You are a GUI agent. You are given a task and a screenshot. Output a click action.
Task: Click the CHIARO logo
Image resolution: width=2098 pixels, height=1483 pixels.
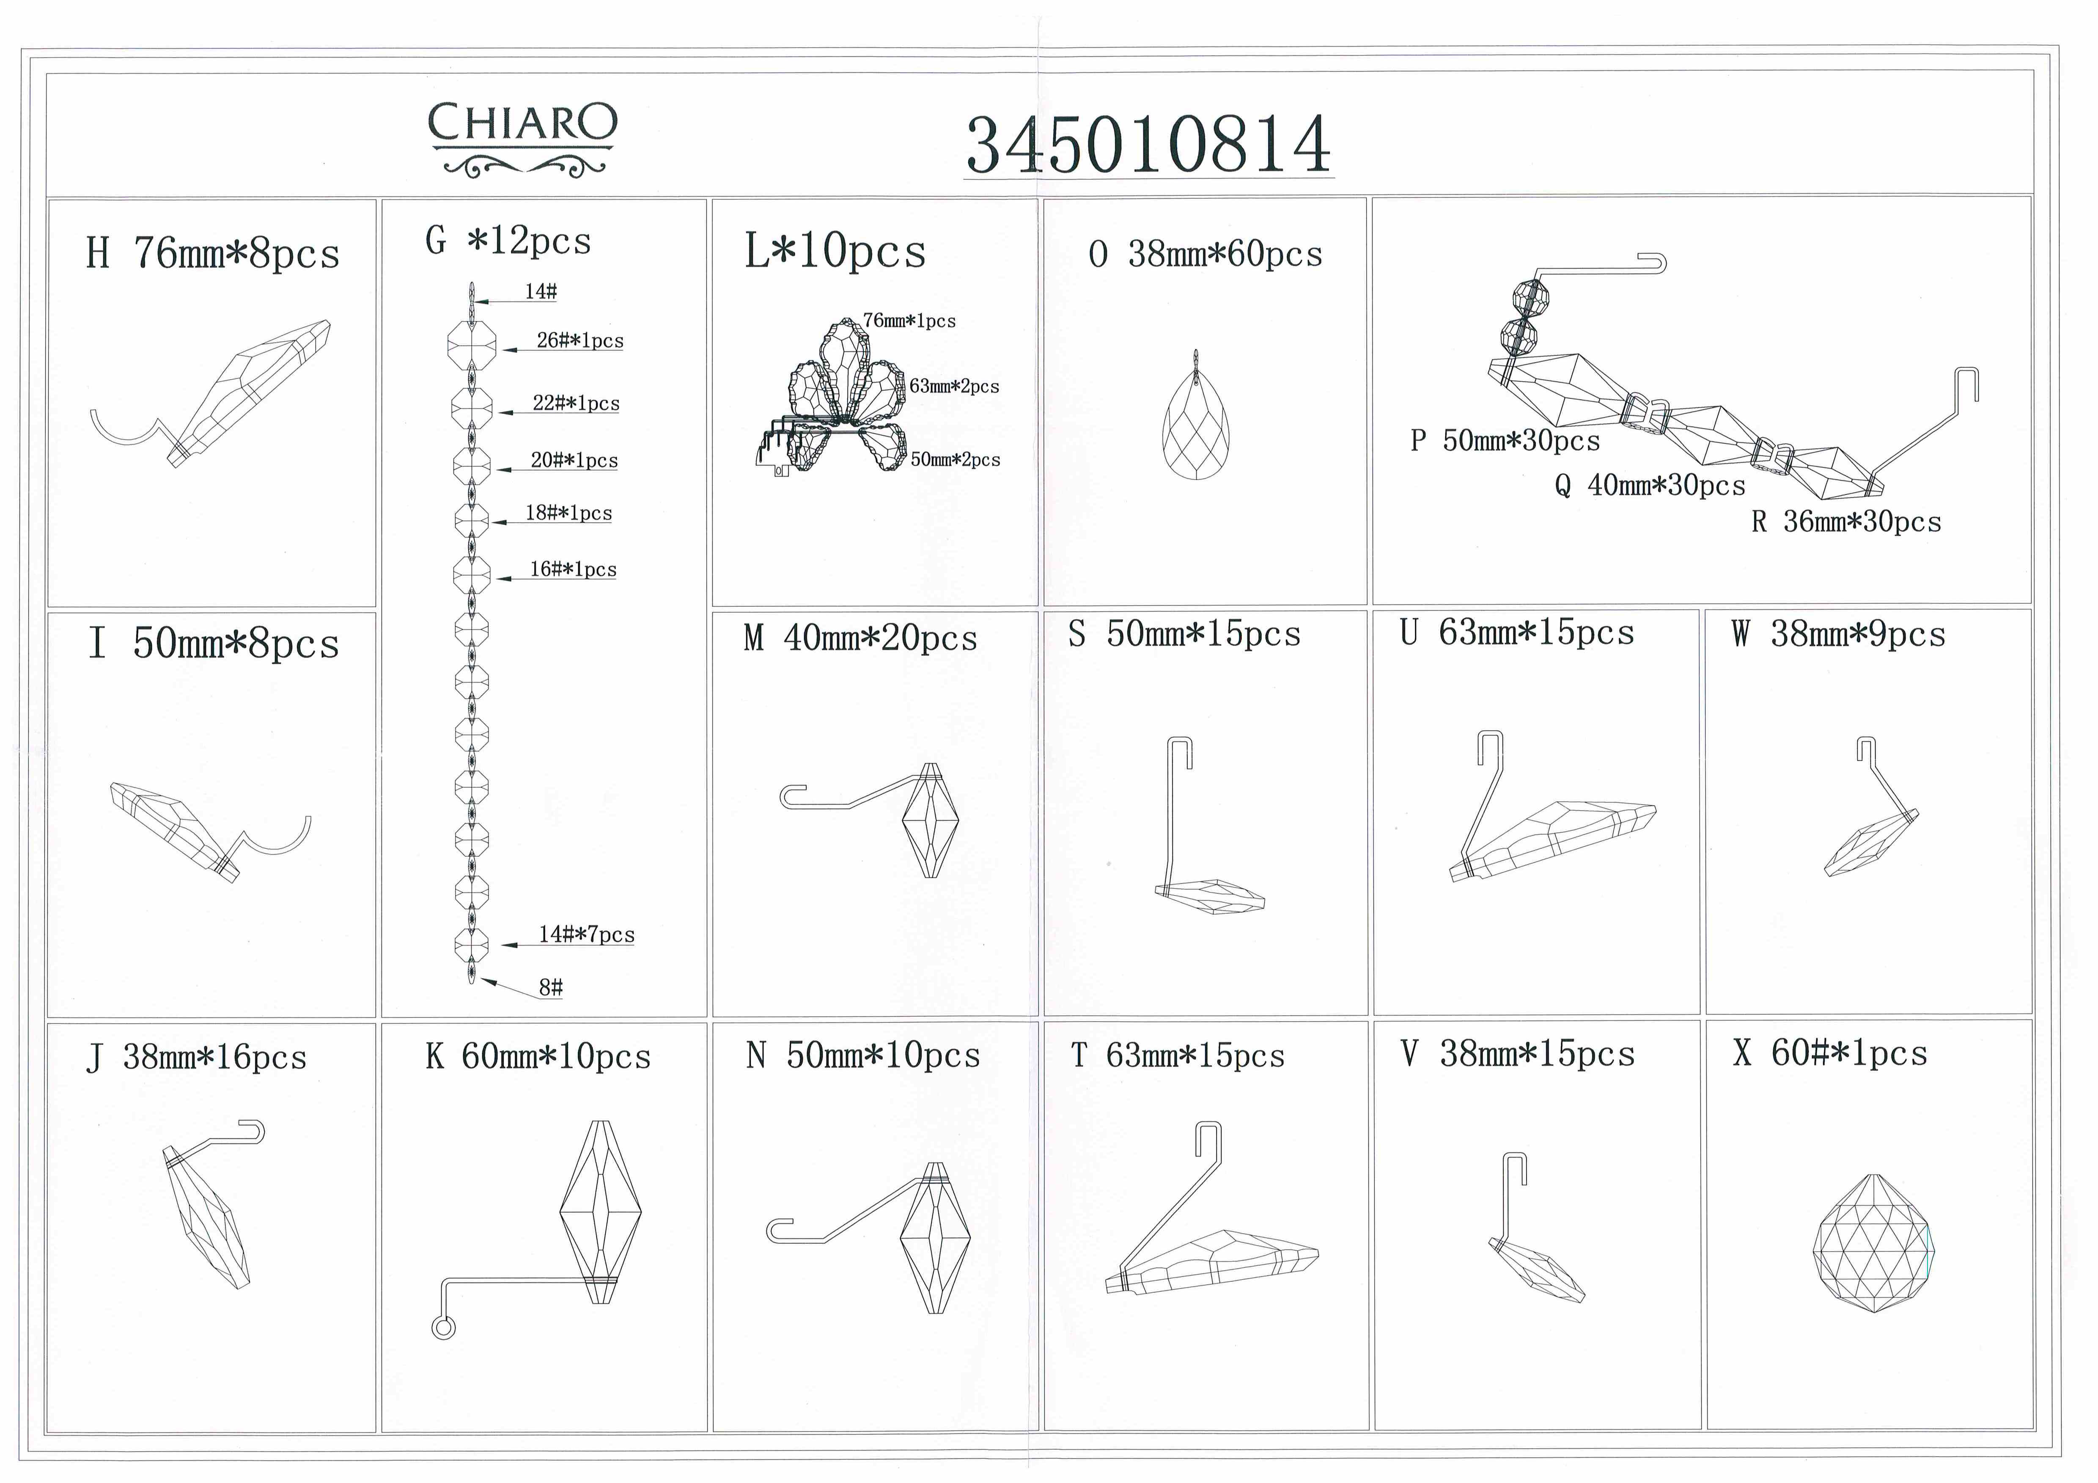point(523,139)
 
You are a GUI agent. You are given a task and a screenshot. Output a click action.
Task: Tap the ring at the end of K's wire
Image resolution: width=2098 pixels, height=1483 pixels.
point(443,1328)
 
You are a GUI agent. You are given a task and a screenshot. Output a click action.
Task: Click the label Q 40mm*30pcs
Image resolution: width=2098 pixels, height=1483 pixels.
point(1649,485)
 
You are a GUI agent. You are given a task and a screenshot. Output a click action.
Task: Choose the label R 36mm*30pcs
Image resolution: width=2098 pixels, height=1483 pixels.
point(1846,522)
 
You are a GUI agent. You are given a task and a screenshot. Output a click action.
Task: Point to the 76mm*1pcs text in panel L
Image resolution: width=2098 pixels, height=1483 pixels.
point(909,321)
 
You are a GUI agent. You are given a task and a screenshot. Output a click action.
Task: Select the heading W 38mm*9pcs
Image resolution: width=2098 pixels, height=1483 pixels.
point(1838,634)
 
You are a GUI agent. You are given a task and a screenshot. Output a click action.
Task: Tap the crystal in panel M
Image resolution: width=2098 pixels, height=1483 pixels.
point(930,820)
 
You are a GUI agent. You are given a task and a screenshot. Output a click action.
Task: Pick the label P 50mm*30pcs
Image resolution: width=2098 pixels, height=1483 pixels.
point(1505,441)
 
